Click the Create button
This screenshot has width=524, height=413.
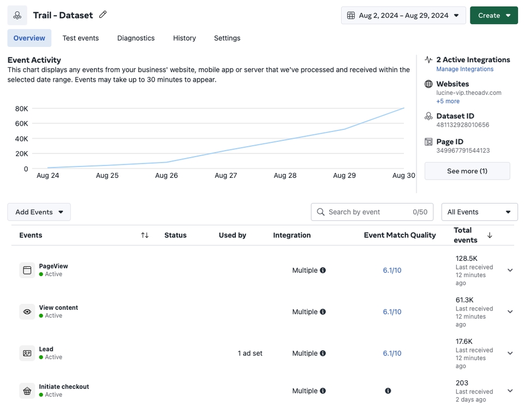(493, 15)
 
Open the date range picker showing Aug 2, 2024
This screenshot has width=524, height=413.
(403, 15)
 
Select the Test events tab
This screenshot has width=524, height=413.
(80, 38)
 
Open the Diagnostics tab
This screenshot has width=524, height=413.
(136, 38)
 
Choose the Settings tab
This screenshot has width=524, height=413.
(227, 38)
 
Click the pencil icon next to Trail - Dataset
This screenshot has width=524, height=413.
(103, 15)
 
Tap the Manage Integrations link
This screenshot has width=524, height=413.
(465, 69)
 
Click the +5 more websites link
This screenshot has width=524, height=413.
(448, 101)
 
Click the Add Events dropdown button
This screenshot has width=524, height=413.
(39, 212)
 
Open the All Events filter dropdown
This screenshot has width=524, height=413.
(479, 212)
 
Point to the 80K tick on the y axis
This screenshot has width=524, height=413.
(21, 109)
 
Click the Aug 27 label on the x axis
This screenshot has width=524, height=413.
(225, 176)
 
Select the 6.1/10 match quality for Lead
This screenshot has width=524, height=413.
(392, 354)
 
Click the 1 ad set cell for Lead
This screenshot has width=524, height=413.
(250, 354)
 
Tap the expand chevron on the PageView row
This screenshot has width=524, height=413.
(510, 270)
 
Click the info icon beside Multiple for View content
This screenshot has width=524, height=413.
(323, 312)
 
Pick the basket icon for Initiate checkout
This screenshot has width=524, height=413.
(27, 391)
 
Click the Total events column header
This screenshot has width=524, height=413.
(466, 235)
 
